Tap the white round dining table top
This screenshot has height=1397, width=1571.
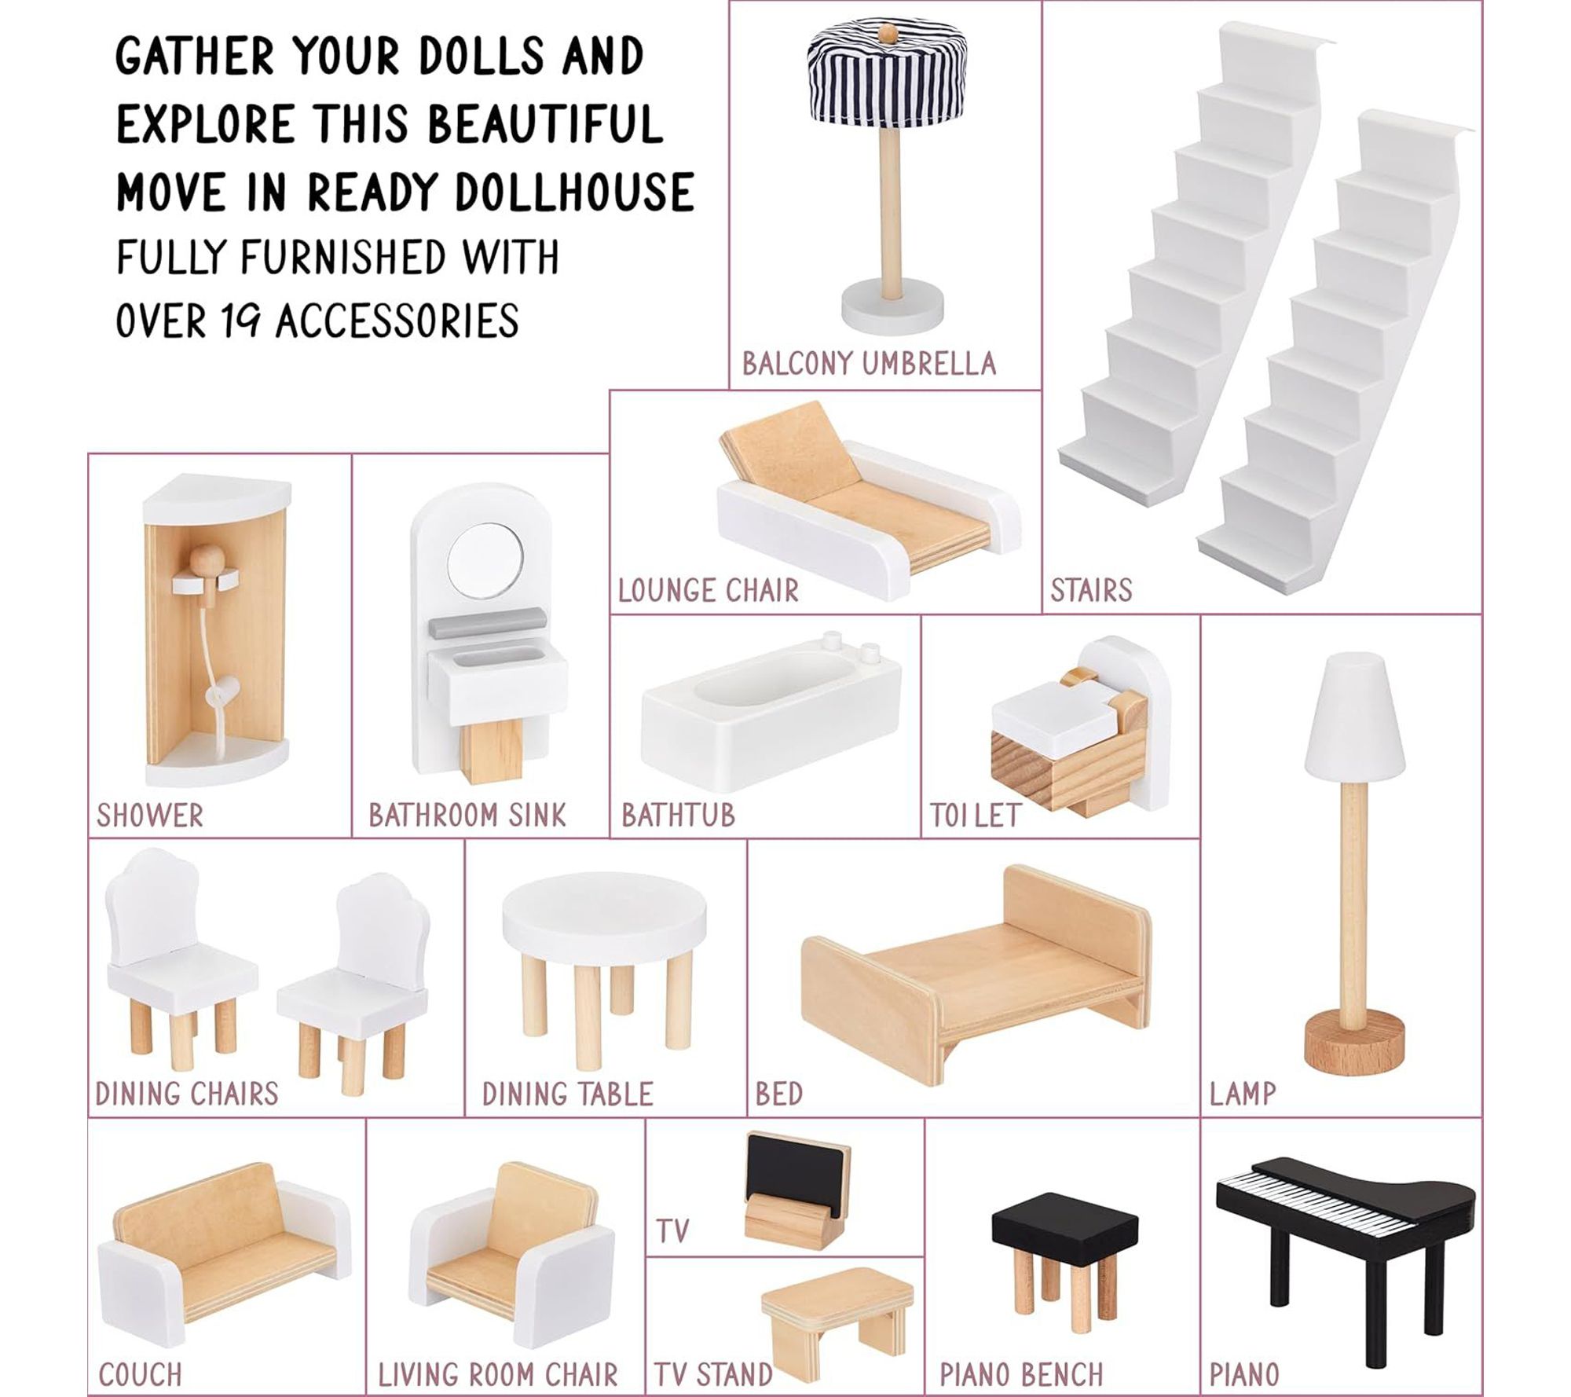point(604,919)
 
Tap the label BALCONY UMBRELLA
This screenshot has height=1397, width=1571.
point(869,364)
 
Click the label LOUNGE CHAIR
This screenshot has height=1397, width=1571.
point(708,590)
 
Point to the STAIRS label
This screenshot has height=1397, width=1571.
point(1091,590)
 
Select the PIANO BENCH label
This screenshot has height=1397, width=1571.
point(1021,1374)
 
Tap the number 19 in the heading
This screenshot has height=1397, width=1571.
point(240,321)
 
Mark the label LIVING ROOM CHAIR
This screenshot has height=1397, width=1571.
point(497,1374)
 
